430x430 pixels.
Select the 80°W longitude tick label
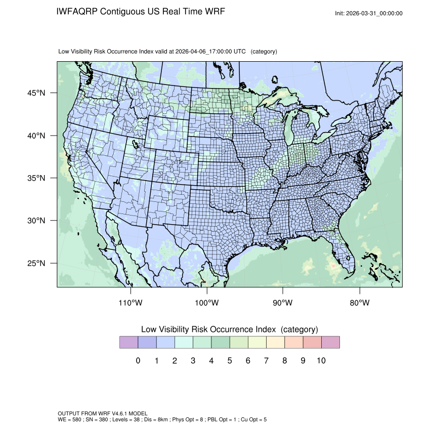(x=360, y=303)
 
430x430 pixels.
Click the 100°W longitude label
(x=207, y=303)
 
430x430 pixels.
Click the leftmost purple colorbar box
(x=128, y=342)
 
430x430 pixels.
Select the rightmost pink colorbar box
(x=330, y=342)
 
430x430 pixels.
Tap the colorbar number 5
(x=230, y=361)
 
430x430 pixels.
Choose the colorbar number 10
(x=321, y=361)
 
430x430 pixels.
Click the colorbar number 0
(x=138, y=361)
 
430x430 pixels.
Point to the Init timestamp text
(x=369, y=14)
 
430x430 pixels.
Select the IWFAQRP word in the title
(x=77, y=11)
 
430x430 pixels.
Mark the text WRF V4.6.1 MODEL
(x=114, y=414)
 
